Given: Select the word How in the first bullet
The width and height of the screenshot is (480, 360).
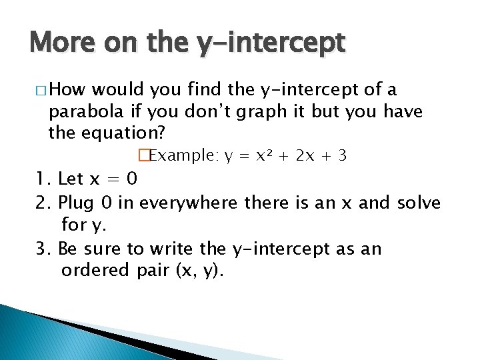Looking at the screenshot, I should [69, 89].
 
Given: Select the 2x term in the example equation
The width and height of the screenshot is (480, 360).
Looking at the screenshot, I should [305, 156].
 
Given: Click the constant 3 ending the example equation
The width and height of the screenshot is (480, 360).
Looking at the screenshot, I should [341, 156].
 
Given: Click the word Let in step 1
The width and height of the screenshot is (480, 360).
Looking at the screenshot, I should [71, 179].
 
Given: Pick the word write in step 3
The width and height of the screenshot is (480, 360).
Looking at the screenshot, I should [172, 249].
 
